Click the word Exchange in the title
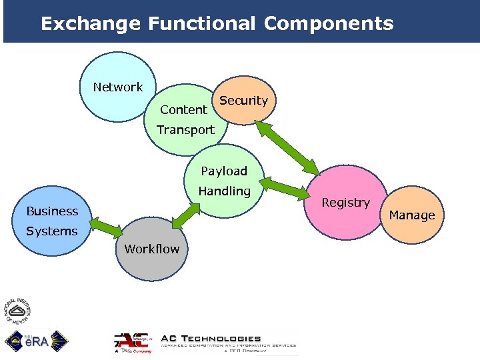click(90, 24)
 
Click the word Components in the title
click(328, 24)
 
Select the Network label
click(118, 87)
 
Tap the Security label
click(243, 101)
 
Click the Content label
click(183, 110)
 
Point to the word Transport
click(185, 130)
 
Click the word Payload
click(224, 171)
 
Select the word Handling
click(224, 191)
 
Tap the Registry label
click(345, 203)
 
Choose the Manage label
click(411, 215)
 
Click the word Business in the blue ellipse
click(52, 211)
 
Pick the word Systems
click(52, 231)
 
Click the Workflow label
click(152, 249)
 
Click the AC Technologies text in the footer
click(212, 339)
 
